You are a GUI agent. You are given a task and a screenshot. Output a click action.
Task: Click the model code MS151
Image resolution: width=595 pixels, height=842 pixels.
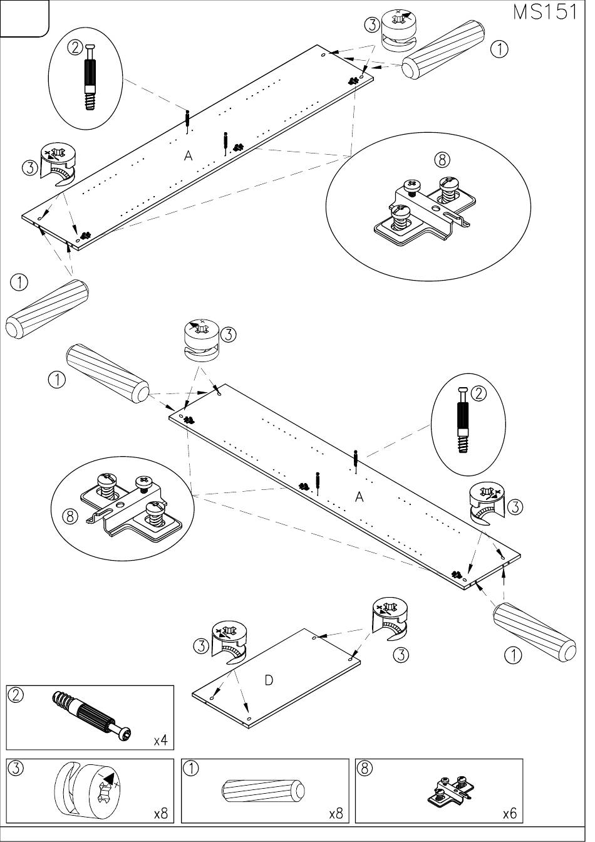pos(544,12)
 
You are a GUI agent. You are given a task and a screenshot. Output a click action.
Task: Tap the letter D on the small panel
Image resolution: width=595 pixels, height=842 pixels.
pos(269,680)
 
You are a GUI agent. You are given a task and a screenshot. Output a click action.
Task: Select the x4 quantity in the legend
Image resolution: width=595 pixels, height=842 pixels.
pos(161,741)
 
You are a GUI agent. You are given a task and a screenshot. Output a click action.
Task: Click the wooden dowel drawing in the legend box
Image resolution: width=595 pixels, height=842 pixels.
pos(263,791)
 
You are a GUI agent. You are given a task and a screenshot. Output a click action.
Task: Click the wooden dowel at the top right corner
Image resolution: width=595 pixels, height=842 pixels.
pos(444,50)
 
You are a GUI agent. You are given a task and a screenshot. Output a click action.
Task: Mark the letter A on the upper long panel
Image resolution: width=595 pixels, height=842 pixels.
pos(188,156)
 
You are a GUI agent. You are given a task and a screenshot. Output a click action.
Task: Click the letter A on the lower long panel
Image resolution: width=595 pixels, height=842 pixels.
pos(360,497)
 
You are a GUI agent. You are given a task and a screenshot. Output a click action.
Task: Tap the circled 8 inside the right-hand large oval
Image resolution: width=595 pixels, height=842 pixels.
pos(442,160)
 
